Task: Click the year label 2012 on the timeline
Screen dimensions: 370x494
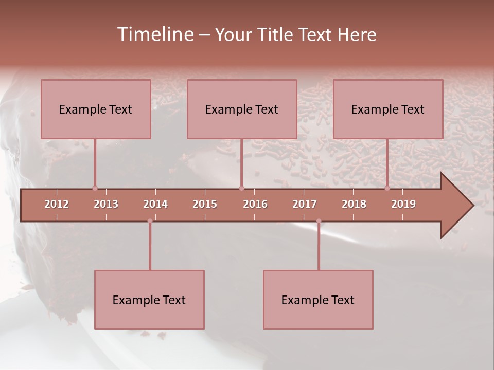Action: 57,204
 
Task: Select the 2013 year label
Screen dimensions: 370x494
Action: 106,204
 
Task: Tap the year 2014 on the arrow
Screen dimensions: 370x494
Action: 155,204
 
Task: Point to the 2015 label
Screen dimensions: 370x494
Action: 205,204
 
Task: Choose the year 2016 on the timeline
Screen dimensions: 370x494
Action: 255,204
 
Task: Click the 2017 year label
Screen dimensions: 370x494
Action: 305,204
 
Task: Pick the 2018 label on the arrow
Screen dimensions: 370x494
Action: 354,204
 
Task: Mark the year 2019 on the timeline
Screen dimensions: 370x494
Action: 403,204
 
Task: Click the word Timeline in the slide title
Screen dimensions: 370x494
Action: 154,34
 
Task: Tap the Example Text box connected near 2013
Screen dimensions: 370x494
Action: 96,109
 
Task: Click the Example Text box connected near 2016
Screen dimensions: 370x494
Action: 242,109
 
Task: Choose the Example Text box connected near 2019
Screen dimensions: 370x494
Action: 388,109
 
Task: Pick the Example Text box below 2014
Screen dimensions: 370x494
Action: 149,300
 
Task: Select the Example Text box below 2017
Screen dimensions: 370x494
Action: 318,300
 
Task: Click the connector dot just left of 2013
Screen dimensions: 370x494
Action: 95,188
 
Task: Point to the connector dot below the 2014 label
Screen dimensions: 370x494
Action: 150,221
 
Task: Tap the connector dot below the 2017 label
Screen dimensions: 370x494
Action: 319,221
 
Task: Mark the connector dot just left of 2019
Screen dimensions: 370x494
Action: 387,188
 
